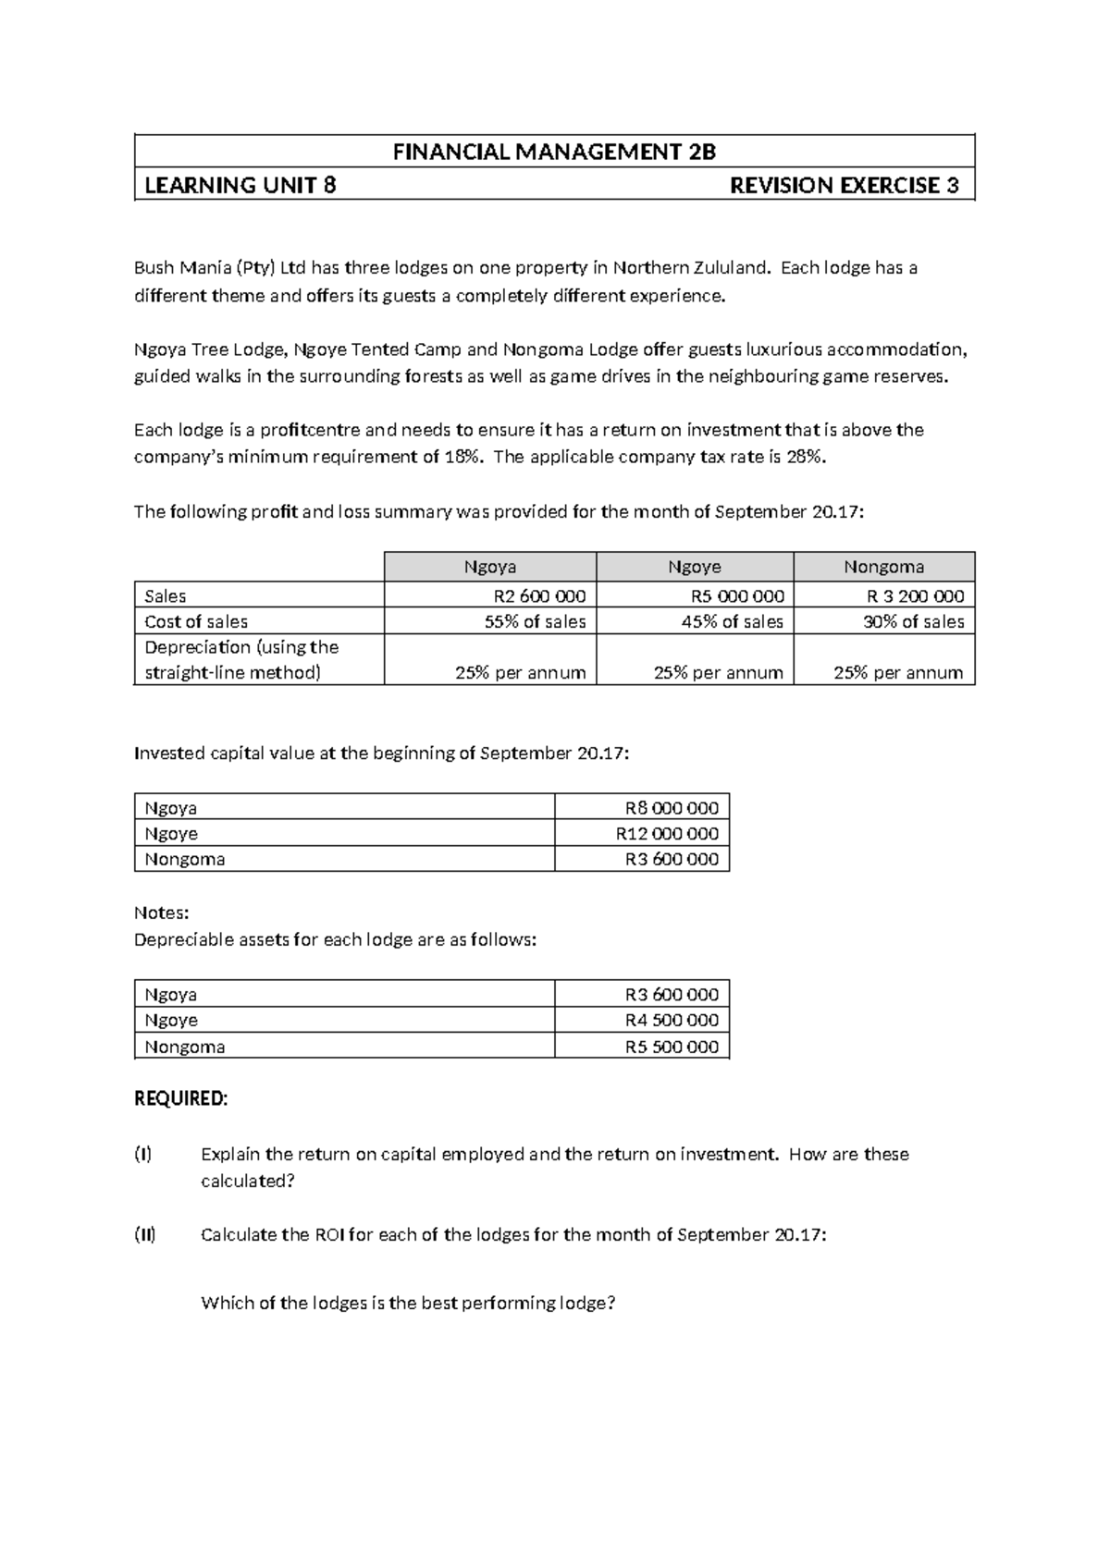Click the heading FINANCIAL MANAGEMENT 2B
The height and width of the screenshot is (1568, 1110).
pyautogui.click(x=554, y=152)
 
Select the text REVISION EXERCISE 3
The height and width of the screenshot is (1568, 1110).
pyautogui.click(x=844, y=186)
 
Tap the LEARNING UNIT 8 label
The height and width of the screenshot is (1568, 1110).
pyautogui.click(x=240, y=186)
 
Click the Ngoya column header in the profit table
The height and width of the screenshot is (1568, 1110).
pyautogui.click(x=489, y=567)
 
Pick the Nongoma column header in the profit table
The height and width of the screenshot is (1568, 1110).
pyautogui.click(x=883, y=567)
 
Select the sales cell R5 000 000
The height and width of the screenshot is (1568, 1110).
pyautogui.click(x=737, y=596)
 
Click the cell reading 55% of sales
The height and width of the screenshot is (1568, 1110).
pyautogui.click(x=535, y=622)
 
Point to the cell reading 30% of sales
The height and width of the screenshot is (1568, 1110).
pyautogui.click(x=913, y=622)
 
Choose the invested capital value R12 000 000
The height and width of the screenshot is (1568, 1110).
pyautogui.click(x=667, y=834)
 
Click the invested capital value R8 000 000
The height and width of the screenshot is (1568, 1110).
pyautogui.click(x=672, y=808)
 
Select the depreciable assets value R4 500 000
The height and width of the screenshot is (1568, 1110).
pyautogui.click(x=672, y=1021)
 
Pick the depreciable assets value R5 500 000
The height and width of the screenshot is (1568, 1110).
pyautogui.click(x=672, y=1047)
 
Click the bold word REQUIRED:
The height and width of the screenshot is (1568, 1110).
pyautogui.click(x=180, y=1099)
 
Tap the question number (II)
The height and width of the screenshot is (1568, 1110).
pyautogui.click(x=145, y=1235)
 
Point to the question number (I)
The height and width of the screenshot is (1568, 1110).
pyautogui.click(x=142, y=1155)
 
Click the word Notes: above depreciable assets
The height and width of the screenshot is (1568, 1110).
pyautogui.click(x=161, y=913)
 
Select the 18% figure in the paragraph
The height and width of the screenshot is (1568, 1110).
pyautogui.click(x=463, y=457)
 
